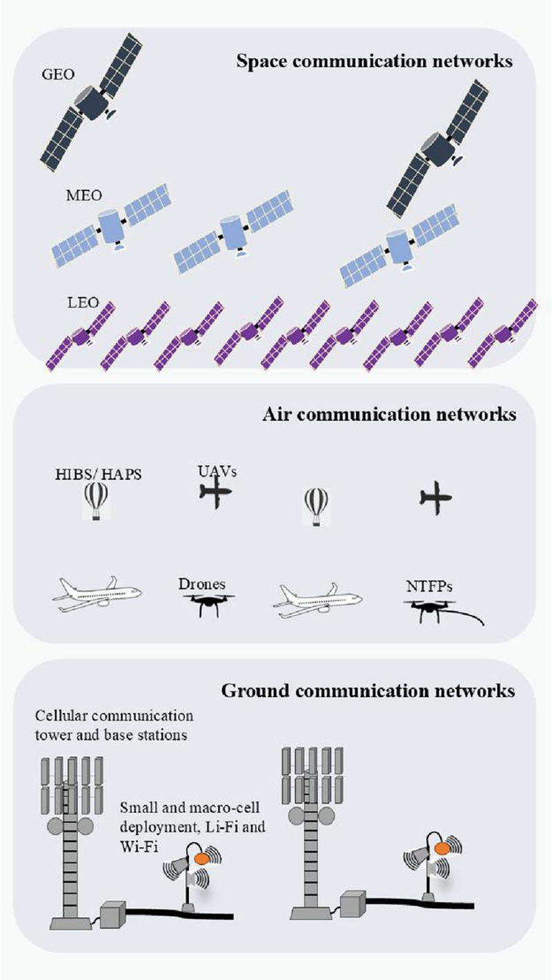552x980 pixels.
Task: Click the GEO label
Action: pyautogui.click(x=58, y=75)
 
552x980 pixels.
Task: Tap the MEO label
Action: pyautogui.click(x=84, y=195)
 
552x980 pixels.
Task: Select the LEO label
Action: pyautogui.click(x=83, y=302)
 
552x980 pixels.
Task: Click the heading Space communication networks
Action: pyautogui.click(x=375, y=61)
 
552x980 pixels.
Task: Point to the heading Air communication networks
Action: pyautogui.click(x=389, y=414)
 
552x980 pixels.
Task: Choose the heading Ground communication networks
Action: pyautogui.click(x=368, y=690)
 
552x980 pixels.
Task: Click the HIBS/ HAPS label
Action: pyautogui.click(x=99, y=474)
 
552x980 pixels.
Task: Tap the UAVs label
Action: pyautogui.click(x=217, y=471)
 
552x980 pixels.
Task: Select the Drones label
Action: pyautogui.click(x=202, y=584)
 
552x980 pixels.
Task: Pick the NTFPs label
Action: pyautogui.click(x=429, y=586)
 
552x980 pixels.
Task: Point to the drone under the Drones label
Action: pyautogui.click(x=208, y=603)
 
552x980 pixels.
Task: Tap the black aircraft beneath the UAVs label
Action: pyautogui.click(x=216, y=492)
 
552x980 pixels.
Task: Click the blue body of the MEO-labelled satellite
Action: pyautogui.click(x=112, y=226)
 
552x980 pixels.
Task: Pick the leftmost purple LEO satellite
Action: pyautogui.click(x=80, y=336)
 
